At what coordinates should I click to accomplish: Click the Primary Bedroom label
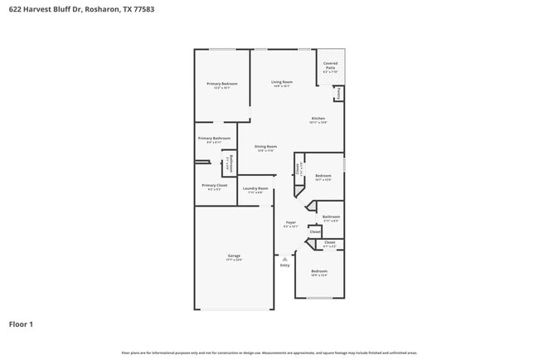point(222,84)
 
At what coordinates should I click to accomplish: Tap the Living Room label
point(282,82)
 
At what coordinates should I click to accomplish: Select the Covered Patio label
point(330,67)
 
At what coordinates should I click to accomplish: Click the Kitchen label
point(318,119)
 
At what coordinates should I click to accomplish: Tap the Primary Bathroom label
point(214,139)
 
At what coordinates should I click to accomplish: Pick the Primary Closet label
point(214,186)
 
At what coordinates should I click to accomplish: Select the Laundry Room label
point(255,188)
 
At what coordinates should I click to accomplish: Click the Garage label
point(234,255)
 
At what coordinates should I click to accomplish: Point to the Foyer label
point(290,222)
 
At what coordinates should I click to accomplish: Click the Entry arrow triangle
point(284,258)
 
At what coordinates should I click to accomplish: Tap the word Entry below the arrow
point(284,265)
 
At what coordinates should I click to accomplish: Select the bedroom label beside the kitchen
point(323,176)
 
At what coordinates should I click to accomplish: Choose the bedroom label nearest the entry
point(319,271)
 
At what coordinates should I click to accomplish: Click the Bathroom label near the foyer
point(331,217)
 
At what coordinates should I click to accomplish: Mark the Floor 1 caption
point(21,324)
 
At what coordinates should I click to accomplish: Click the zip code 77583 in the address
point(143,9)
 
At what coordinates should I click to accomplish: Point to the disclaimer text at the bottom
point(269,353)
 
